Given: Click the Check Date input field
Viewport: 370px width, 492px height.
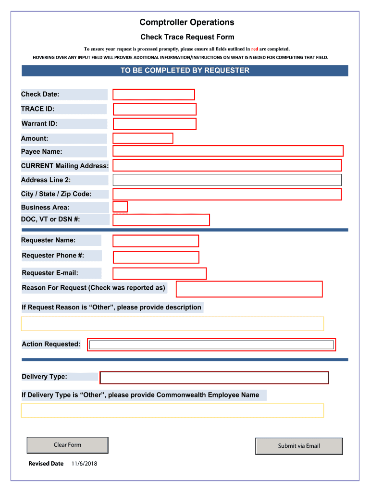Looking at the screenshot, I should tap(154, 95).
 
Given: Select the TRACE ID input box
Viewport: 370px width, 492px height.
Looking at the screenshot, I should tap(155, 110).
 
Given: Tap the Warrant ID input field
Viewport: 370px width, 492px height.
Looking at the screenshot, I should tap(155, 124).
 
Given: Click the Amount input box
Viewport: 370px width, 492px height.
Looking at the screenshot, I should tap(143, 138).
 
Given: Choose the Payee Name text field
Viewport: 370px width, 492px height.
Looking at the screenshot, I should tap(228, 151).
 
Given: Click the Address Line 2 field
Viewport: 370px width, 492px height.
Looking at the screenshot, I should tap(227, 180).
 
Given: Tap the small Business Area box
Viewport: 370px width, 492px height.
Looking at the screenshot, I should tap(120, 207).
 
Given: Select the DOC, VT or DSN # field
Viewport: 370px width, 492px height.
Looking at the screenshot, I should tap(161, 220).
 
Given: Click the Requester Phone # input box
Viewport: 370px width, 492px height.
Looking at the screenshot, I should tap(156, 258).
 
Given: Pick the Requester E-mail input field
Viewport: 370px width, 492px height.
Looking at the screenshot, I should tap(160, 274).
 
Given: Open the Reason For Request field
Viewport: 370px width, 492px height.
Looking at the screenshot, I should tap(249, 289).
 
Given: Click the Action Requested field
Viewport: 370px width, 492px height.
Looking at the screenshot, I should tap(211, 345).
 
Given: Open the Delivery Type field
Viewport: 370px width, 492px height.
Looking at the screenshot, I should tap(214, 378).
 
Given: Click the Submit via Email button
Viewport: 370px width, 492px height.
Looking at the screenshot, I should tap(299, 446).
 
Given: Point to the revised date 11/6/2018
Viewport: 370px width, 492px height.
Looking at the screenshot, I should tap(84, 464).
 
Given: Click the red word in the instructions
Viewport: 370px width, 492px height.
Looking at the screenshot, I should tap(255, 49).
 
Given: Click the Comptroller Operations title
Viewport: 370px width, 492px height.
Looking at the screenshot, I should tap(187, 22).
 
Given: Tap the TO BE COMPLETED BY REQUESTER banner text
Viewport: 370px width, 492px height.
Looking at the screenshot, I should tap(185, 71).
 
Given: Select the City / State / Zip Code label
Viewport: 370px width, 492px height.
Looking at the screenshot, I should tap(56, 194).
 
